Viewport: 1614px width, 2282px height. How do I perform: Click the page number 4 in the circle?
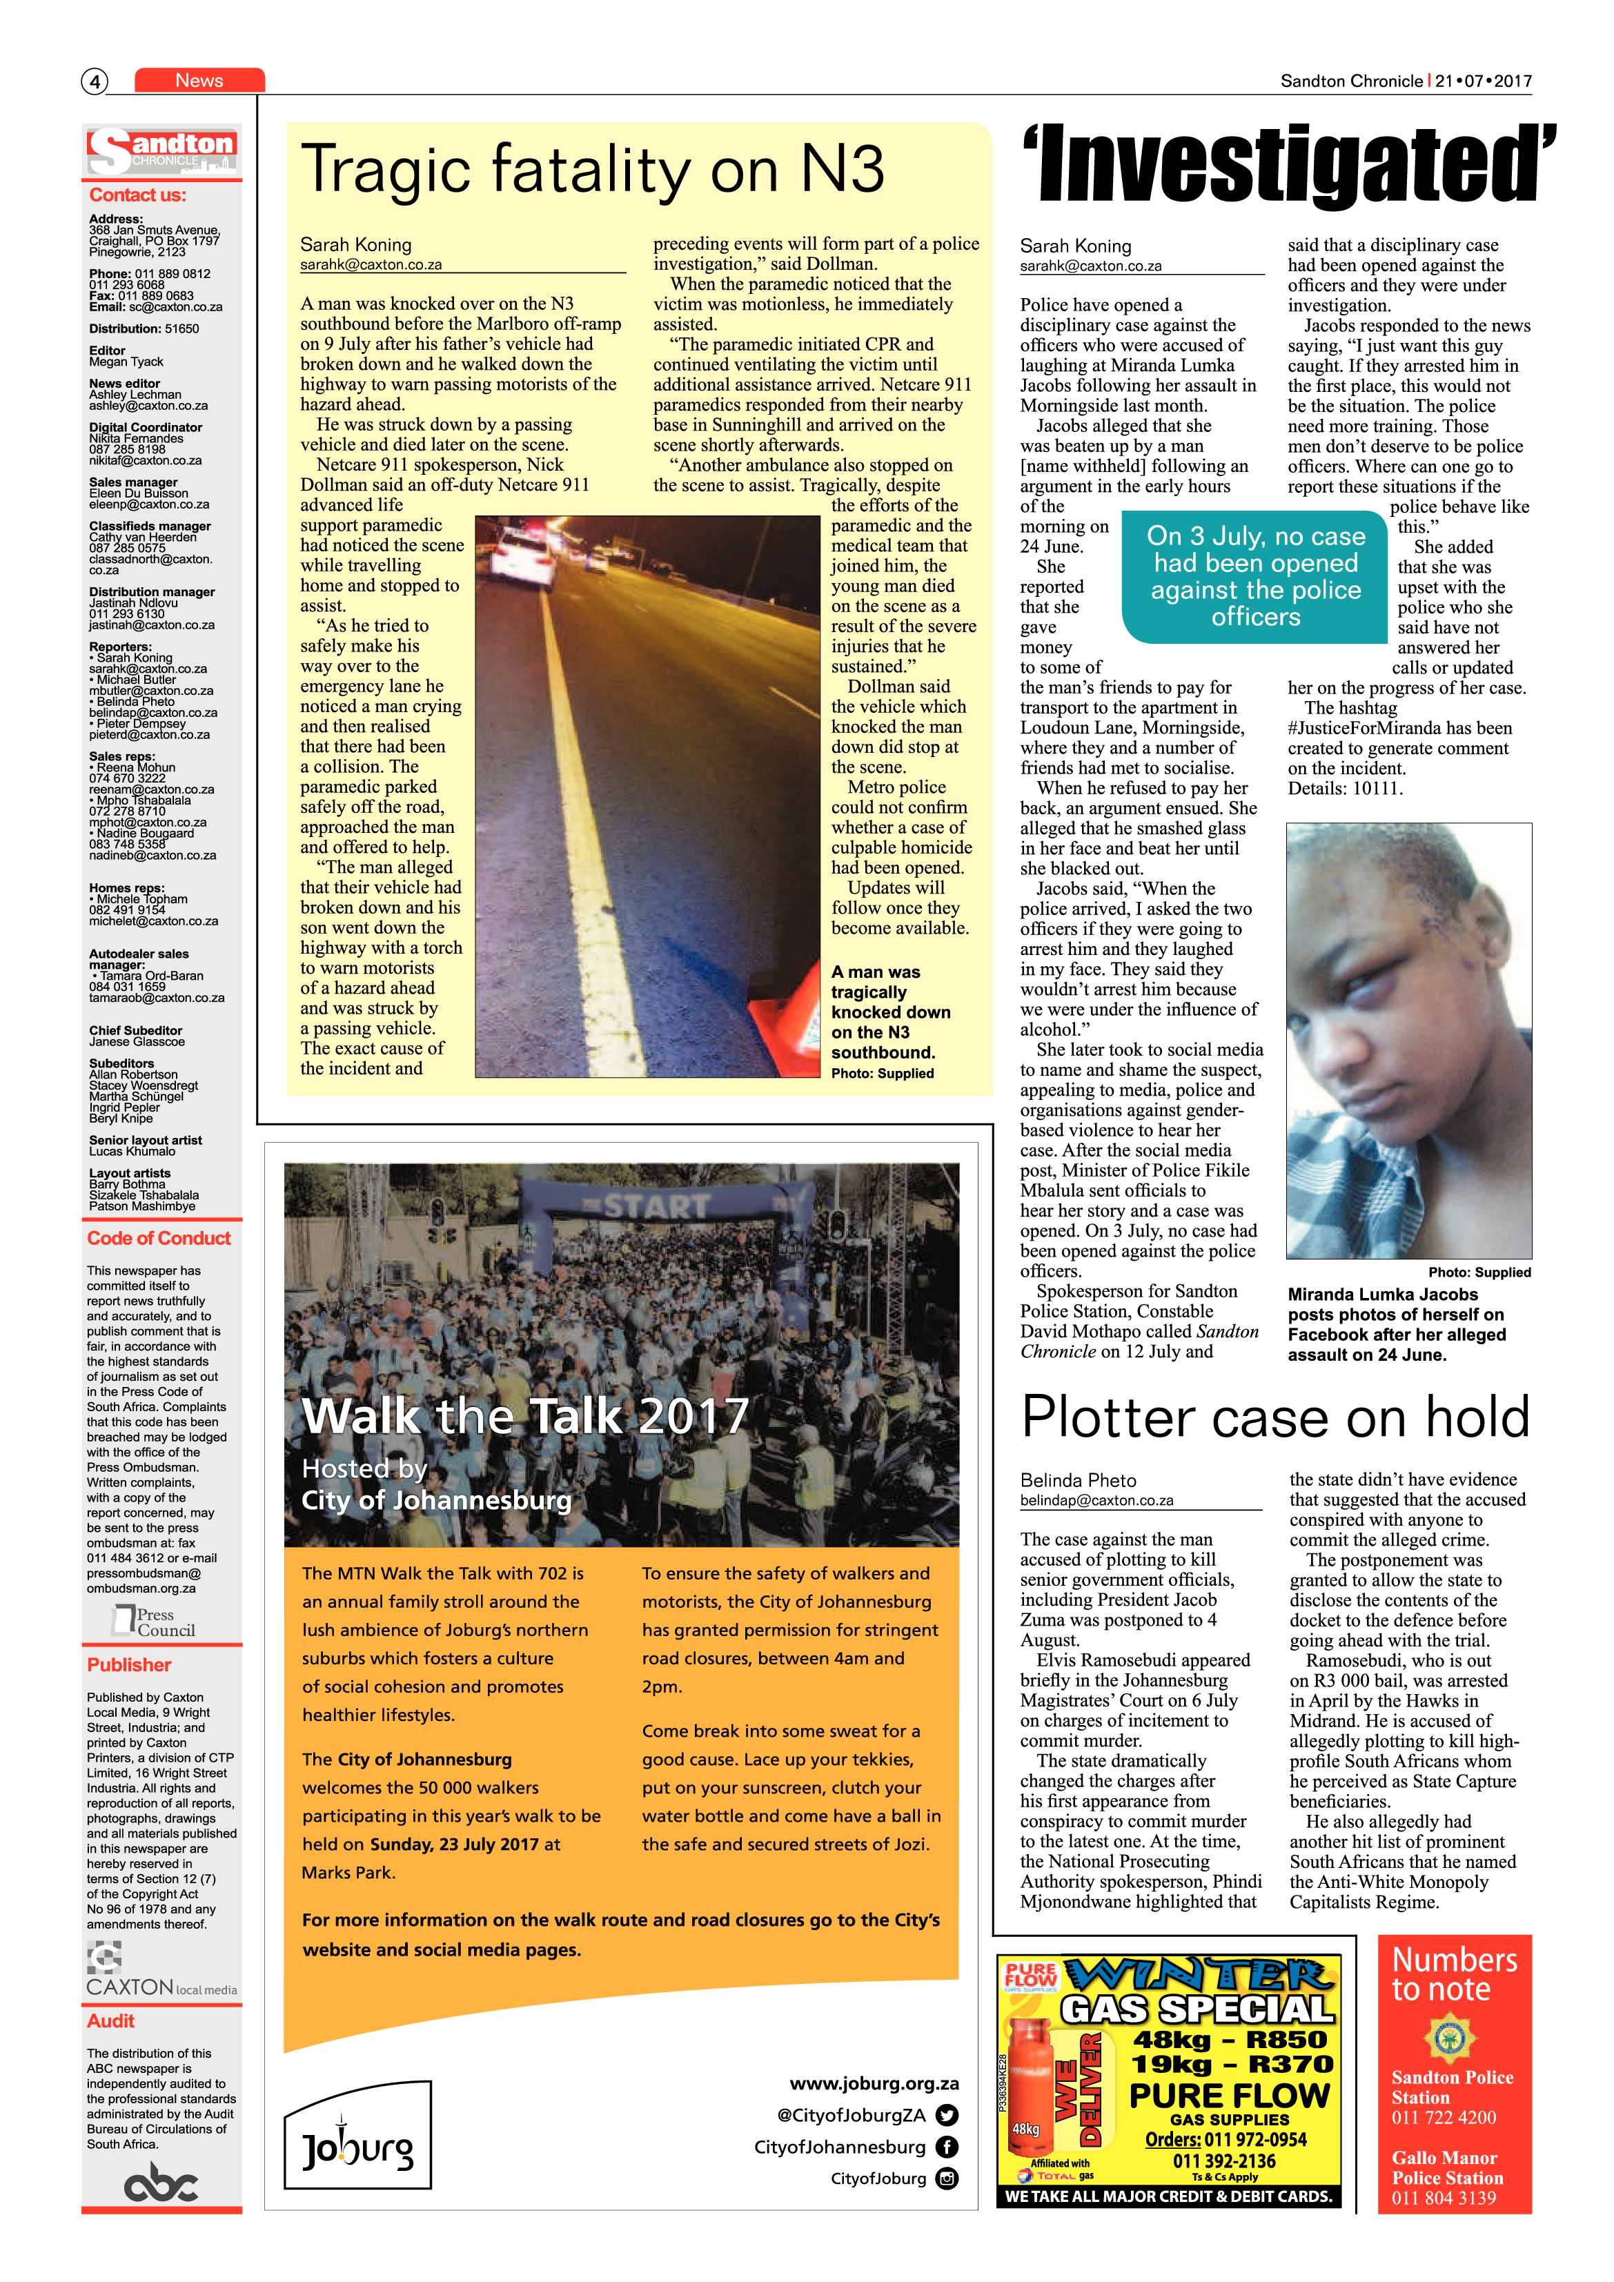(95, 81)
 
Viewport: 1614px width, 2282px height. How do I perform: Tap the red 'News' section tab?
(199, 81)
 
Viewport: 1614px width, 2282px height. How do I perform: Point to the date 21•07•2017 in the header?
(1484, 81)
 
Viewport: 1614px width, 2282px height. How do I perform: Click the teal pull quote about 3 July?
(1255, 576)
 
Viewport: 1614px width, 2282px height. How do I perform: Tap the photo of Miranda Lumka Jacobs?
(1408, 1041)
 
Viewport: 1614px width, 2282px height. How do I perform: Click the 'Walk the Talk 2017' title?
(524, 1415)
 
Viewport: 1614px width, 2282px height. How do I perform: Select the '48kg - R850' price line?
(1230, 2041)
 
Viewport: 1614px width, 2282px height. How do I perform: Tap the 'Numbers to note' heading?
(1454, 1975)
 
